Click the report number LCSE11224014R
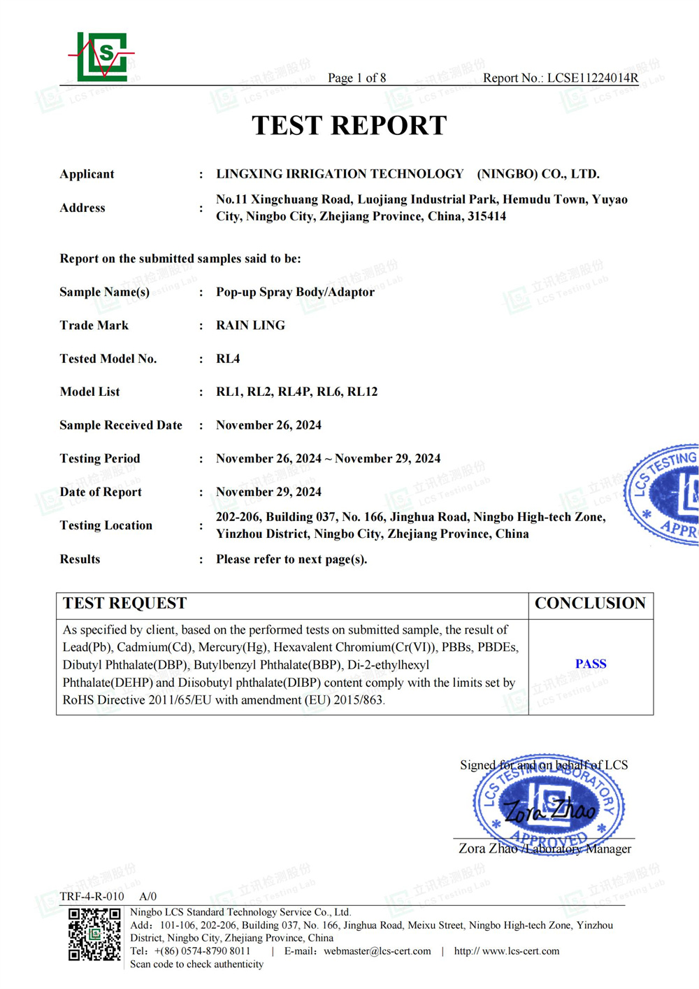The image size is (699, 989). (593, 78)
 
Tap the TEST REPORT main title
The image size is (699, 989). (349, 126)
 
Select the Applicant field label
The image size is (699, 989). (87, 174)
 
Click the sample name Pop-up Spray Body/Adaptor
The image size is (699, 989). (295, 292)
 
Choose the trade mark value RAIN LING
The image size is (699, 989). (250, 325)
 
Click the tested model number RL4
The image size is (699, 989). (228, 359)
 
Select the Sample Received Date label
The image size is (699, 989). (121, 425)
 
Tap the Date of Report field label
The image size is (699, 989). (101, 492)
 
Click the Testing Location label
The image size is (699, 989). (106, 525)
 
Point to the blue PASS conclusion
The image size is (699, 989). (591, 664)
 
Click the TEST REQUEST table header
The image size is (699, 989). (125, 604)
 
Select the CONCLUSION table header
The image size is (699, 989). (590, 604)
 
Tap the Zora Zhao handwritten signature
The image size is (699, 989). (549, 811)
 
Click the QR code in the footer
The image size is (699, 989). (94, 934)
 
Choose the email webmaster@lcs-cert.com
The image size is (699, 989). (377, 951)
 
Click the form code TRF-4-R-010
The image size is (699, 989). (92, 897)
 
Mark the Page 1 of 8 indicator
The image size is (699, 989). (356, 78)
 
